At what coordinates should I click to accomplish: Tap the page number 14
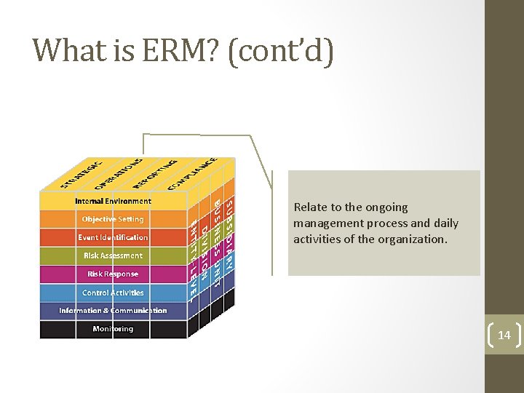click(x=504, y=336)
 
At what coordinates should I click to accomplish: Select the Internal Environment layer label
click(x=113, y=201)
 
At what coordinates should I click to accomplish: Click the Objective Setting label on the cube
click(x=113, y=219)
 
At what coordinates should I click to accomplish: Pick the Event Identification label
click(x=113, y=237)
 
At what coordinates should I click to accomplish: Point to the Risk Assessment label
click(x=113, y=255)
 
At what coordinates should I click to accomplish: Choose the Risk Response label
click(x=113, y=274)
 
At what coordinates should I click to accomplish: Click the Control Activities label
click(x=113, y=293)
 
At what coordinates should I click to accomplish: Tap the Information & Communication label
click(x=113, y=311)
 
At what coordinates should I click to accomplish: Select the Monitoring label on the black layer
click(x=113, y=329)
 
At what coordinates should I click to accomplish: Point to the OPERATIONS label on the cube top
click(x=119, y=172)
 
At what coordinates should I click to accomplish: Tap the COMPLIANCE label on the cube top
click(x=191, y=172)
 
